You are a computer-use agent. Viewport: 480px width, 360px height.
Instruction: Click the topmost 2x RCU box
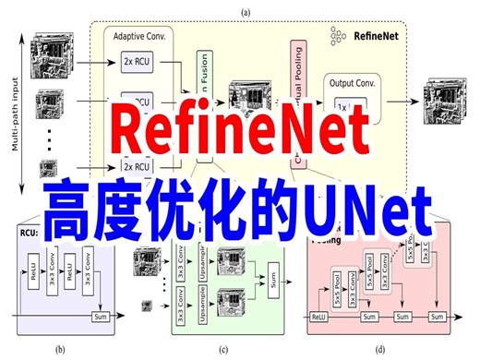point(136,61)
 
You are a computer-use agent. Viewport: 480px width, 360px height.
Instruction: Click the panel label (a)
point(246,12)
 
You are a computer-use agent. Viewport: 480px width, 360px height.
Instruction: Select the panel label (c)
point(222,348)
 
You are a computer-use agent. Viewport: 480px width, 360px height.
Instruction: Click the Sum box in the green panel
point(273,276)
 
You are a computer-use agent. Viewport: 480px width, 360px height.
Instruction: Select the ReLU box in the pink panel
point(319,317)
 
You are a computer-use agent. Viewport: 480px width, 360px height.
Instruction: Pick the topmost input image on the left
point(49,52)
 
